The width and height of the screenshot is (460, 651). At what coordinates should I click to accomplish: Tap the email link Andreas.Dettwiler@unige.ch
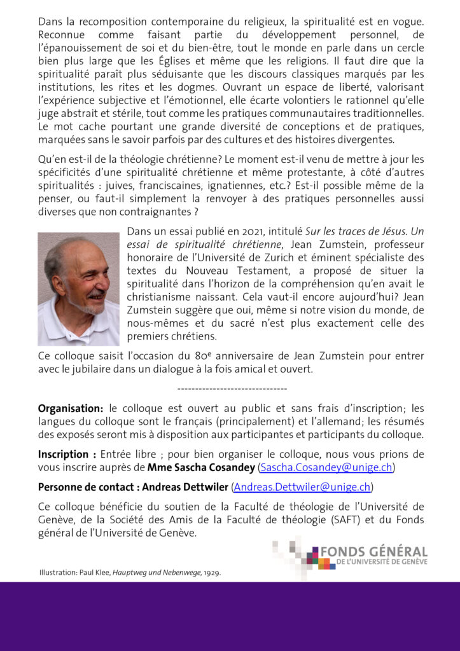click(x=302, y=488)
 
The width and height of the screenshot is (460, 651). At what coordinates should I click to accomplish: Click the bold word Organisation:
click(x=71, y=408)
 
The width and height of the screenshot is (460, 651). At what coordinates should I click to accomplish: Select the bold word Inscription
click(x=63, y=455)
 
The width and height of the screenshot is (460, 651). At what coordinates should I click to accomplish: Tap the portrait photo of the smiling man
click(x=78, y=289)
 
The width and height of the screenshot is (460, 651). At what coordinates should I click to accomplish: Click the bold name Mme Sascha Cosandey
click(x=201, y=468)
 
